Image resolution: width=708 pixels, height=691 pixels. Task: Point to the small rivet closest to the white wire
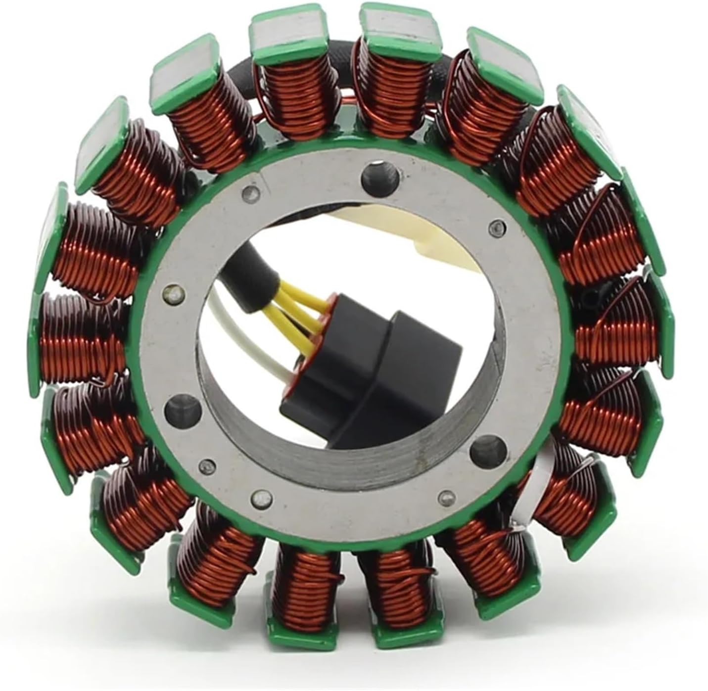point(172,294)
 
